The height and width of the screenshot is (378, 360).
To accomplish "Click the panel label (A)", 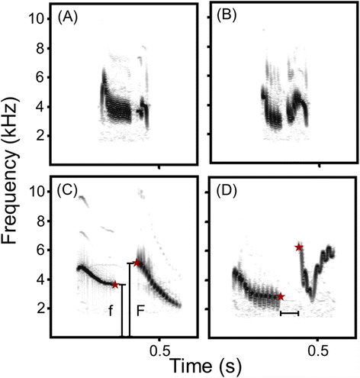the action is [x=67, y=18].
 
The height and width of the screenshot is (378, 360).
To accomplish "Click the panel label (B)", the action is [x=227, y=16].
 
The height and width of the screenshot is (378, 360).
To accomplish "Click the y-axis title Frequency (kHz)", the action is [x=10, y=170].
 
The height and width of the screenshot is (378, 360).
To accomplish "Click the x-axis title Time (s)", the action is [x=205, y=366].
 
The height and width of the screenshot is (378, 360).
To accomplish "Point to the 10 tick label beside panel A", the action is [x=37, y=18].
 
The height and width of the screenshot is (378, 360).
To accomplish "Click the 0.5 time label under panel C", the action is [x=159, y=351].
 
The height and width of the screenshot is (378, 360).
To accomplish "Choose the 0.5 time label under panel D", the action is [x=318, y=351].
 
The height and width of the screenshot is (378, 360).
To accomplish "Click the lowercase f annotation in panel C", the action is [x=111, y=311].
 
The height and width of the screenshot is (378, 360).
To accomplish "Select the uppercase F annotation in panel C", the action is [x=140, y=311].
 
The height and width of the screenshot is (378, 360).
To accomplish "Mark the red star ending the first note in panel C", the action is [x=115, y=285].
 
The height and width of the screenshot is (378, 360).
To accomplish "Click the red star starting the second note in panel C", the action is [x=137, y=263].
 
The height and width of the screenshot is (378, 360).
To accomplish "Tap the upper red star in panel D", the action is [x=299, y=247].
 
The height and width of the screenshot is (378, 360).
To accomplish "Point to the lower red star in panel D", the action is [x=281, y=296].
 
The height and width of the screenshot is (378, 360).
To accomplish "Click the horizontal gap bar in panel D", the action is [x=289, y=313].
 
